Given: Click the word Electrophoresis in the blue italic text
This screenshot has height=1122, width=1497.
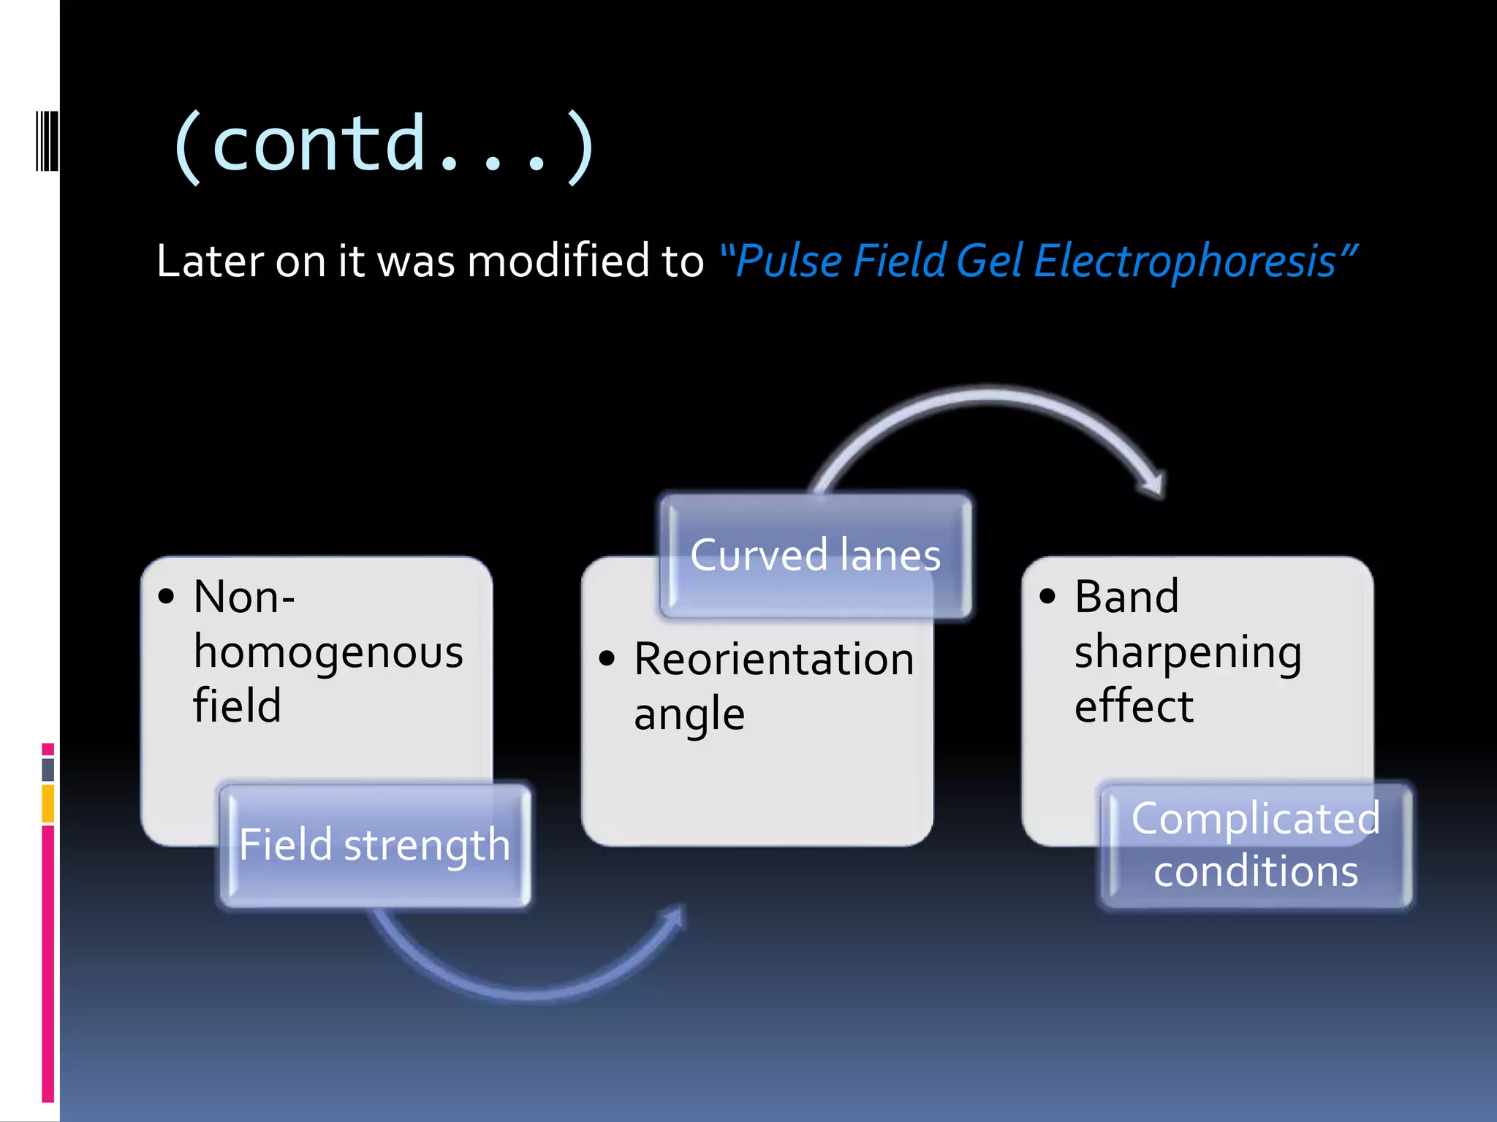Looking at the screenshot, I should (x=1184, y=262).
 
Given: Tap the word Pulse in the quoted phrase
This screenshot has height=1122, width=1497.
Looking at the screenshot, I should (x=789, y=262).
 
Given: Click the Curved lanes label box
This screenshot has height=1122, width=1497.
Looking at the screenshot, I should (x=815, y=555).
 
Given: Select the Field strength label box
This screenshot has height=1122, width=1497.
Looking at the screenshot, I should (x=374, y=845).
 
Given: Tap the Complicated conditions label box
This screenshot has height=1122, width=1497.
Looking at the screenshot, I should (x=1256, y=845).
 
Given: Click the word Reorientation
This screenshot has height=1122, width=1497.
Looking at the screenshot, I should (x=773, y=659).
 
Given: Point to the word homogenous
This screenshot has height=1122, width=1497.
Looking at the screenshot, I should (x=328, y=652).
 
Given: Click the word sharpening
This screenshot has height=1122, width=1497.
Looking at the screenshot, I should (x=1188, y=652).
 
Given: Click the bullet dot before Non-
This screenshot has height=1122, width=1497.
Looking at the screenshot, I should (x=167, y=596).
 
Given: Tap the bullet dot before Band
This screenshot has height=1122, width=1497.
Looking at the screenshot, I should (x=1047, y=596).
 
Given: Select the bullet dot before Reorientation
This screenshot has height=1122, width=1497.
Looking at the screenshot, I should (x=607, y=659).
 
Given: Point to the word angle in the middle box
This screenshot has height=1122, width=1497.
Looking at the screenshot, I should (x=689, y=714).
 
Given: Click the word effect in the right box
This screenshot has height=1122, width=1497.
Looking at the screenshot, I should (x=1133, y=706).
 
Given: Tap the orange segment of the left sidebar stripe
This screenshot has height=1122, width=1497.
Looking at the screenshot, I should (x=48, y=804).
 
